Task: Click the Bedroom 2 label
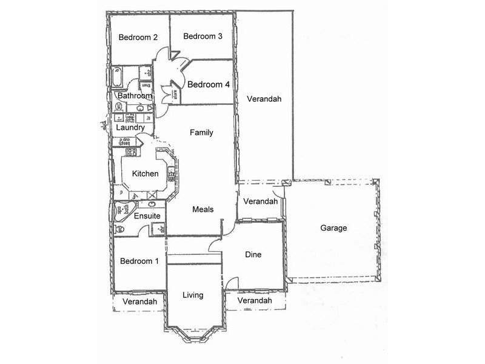(x=138, y=38)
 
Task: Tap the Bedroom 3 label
(x=203, y=36)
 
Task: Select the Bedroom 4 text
(x=208, y=85)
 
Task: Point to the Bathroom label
(x=135, y=96)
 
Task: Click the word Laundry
(x=130, y=128)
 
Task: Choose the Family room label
(x=201, y=132)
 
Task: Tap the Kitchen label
(x=145, y=174)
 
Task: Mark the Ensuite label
(x=147, y=216)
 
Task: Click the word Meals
(x=203, y=210)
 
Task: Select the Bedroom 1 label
(x=139, y=261)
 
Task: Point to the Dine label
(x=253, y=255)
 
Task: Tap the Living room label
(x=193, y=295)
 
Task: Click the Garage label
(x=334, y=229)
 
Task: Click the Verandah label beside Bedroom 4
(x=264, y=99)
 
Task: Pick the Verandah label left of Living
(x=139, y=302)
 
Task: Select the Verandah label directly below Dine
(x=255, y=301)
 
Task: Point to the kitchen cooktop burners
(x=130, y=152)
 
